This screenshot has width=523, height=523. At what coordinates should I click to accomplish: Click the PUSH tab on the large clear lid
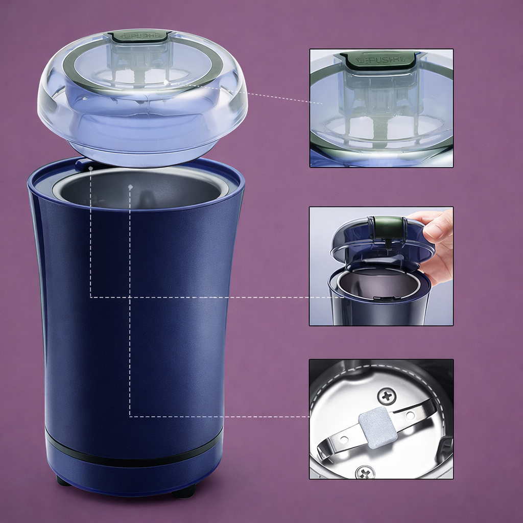139,36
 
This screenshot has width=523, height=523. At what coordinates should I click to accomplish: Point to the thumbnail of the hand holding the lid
381,266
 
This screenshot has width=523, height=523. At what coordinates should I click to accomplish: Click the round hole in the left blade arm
344,439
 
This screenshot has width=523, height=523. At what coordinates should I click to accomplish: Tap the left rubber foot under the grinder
64,481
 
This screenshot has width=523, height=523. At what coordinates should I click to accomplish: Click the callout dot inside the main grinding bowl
131,187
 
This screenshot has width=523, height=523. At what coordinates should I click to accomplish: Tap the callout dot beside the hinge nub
90,167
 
